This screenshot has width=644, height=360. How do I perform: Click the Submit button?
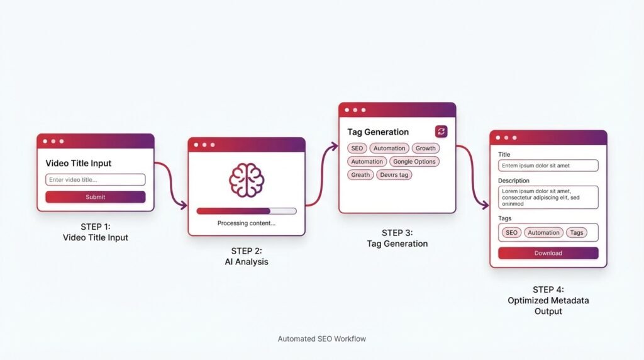96,197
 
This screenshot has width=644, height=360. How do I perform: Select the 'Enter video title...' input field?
96,179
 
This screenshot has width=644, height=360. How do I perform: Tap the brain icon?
247,181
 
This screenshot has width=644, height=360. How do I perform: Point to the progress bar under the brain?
247,211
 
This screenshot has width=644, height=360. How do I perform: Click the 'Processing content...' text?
247,223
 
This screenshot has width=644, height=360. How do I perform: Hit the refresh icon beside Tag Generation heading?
441,132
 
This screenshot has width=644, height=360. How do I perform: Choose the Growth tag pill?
426,149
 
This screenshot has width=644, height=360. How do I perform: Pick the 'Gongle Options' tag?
414,162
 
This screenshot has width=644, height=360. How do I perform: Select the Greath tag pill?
360,175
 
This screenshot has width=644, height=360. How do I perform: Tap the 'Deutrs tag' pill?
394,175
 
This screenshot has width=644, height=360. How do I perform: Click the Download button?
548,253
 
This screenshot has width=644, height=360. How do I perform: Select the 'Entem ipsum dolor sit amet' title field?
548,166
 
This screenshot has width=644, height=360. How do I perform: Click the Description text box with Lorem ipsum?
548,197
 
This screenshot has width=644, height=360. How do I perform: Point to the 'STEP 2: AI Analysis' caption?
247,256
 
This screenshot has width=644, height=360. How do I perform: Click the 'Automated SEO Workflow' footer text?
321,339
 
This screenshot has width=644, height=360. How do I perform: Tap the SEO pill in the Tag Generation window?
357,149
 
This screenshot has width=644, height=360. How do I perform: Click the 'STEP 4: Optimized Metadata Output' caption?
548,300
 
